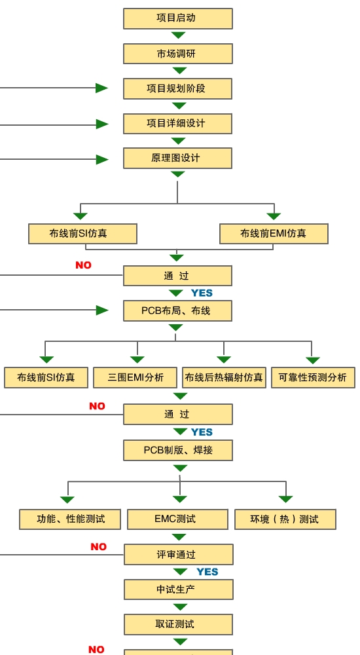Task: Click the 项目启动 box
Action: coord(178,19)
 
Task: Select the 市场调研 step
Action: coord(178,54)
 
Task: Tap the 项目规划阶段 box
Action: coord(177,89)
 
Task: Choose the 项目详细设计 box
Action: coord(177,124)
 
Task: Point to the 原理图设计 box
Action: coord(177,159)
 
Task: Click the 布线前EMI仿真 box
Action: coord(274,234)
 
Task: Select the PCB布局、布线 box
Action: coord(177,310)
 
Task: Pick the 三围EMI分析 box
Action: coord(136,378)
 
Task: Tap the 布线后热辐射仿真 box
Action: coord(224,378)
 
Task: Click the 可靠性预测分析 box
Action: coord(314,378)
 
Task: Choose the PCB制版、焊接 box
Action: coord(178,451)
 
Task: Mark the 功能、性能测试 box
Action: coord(70,519)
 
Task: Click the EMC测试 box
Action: coord(178,519)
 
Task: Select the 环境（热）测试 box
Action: coord(285,519)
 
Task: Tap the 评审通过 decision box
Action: coord(178,555)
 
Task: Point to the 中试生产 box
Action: coord(178,589)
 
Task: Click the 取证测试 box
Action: coord(178,624)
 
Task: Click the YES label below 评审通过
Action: coord(207,572)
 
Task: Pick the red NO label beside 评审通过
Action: coord(99,547)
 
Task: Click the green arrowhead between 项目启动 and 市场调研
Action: coord(178,35)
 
